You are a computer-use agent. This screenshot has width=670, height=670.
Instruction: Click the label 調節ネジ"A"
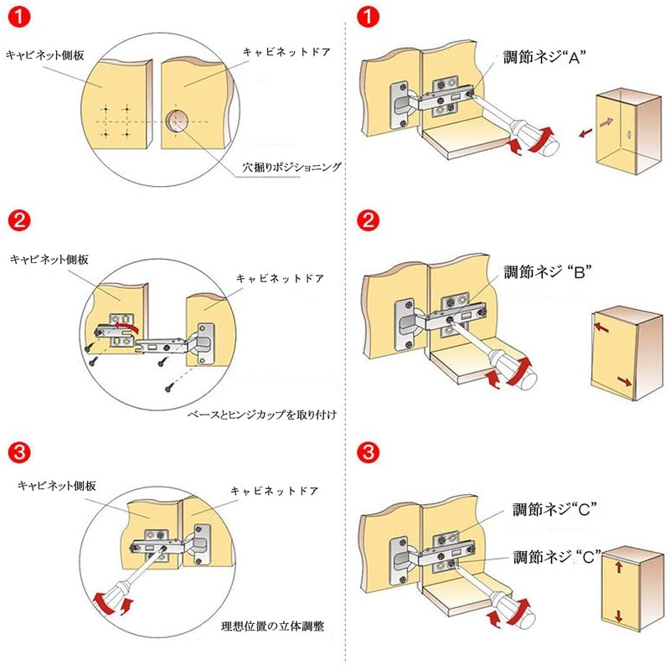coord(544,57)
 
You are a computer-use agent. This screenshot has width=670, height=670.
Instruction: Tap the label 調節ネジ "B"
coord(548,271)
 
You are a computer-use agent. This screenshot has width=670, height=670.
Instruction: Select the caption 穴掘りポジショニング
coord(291,167)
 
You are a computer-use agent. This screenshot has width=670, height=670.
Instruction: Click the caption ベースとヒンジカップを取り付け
coord(262,415)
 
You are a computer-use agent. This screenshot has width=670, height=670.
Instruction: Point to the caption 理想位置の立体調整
coord(273,626)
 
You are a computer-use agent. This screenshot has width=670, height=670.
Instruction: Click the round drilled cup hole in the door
coord(177,121)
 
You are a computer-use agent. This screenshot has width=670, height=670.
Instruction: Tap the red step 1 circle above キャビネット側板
coord(19,17)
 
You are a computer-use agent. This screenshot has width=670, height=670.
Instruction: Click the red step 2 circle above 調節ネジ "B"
coord(368,220)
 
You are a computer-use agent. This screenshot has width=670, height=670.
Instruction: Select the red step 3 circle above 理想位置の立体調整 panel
coord(19,452)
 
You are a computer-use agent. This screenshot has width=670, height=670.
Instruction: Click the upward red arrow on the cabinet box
coord(619,567)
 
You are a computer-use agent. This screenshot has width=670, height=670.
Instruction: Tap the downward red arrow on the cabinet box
coord(619,616)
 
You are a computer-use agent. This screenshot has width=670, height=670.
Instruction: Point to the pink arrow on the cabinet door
coord(606,122)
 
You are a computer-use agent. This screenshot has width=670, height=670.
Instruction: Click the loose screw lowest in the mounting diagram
coord(170,388)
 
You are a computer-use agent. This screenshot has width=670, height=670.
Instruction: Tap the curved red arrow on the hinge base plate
coord(128,327)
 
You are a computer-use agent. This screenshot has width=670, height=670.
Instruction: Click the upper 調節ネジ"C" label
coord(554,509)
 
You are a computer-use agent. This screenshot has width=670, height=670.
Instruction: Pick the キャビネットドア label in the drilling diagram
coord(286,52)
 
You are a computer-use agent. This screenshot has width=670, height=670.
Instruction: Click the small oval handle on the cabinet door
coord(629,134)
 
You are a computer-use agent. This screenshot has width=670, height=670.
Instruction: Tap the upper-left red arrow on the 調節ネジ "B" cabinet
coord(601,327)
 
